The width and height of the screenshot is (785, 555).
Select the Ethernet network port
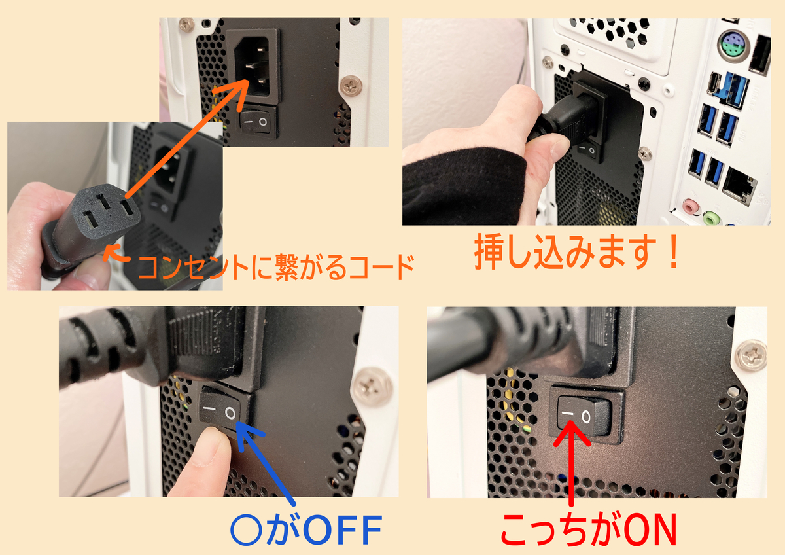coord(739,186)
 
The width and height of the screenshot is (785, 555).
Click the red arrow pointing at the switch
coord(572,463)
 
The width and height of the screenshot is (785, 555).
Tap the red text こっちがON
coord(589,529)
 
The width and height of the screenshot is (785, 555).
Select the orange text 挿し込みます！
coord(577,252)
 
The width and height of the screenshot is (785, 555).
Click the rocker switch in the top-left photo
coord(256,122)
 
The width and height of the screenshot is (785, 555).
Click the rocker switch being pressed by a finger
coord(220,411)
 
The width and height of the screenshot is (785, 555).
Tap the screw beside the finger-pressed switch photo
coord(372,387)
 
